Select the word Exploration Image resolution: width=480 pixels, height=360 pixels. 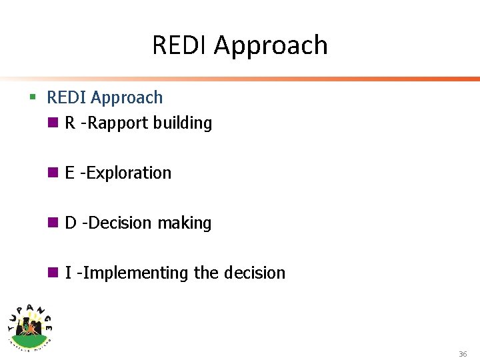pyautogui.click(x=129, y=173)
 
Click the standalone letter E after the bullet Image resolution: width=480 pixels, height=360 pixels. pyautogui.click(x=69, y=173)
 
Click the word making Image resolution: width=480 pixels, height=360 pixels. pyautogui.click(x=184, y=223)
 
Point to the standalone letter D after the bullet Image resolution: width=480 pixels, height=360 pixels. pyautogui.click(x=71, y=223)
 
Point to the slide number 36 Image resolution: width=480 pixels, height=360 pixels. pyautogui.click(x=462, y=354)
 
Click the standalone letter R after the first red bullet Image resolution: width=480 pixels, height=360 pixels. pyautogui.click(x=70, y=123)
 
